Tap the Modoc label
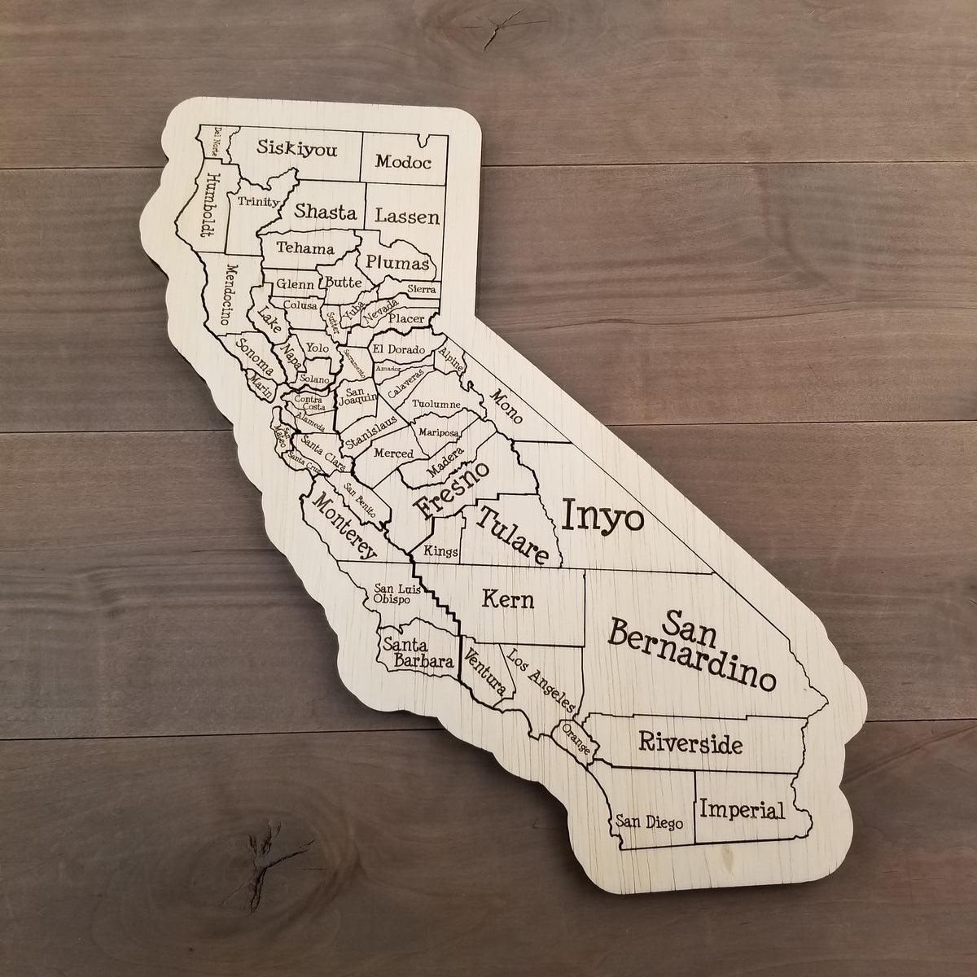click(x=403, y=161)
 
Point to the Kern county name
click(x=508, y=601)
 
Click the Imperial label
click(x=742, y=810)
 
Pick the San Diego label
click(x=649, y=821)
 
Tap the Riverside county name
click(x=690, y=743)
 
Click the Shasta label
click(x=326, y=212)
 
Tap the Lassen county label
click(x=407, y=217)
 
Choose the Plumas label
click(x=396, y=262)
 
